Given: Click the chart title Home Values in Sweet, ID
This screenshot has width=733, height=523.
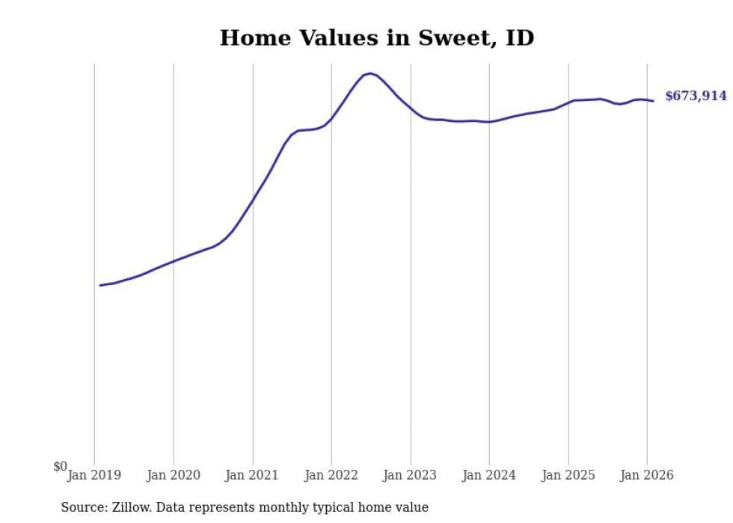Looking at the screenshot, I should [x=377, y=38].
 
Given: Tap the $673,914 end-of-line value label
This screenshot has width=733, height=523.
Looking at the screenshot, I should [x=695, y=96].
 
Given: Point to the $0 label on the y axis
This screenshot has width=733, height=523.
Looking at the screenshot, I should [x=60, y=467].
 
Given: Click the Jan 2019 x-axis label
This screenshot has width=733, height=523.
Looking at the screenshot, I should [x=94, y=475].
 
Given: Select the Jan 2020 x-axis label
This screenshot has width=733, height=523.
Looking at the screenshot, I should [x=174, y=475].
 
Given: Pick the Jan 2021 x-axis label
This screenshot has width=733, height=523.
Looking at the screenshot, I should [x=253, y=475].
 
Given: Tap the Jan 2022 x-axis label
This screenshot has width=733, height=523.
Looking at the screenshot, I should [x=331, y=475].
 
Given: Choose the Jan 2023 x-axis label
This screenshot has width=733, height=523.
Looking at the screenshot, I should [x=411, y=475].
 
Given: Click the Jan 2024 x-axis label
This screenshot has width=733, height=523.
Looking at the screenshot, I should [x=489, y=475].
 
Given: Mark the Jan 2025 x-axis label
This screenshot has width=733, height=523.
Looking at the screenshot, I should [x=568, y=475].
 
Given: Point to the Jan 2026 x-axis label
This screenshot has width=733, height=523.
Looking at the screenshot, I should [x=648, y=475].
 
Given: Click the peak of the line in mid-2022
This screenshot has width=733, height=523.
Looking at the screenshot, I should [x=369, y=73].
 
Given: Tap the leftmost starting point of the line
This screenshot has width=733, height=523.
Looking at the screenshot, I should [x=100, y=285].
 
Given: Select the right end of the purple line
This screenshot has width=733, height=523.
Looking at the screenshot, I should [x=653, y=101].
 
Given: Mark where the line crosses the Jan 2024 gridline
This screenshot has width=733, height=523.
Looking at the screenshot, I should [x=489, y=122].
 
